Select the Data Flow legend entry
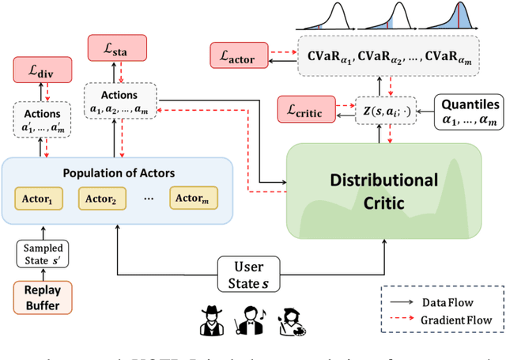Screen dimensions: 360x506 pyautogui.click(x=451, y=301)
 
